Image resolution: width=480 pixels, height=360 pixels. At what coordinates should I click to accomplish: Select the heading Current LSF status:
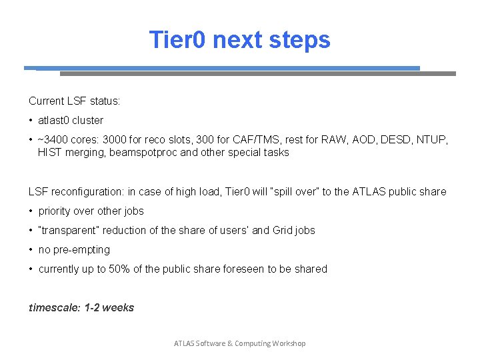(x=74, y=101)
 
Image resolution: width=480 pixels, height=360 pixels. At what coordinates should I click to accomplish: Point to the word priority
(x=53, y=211)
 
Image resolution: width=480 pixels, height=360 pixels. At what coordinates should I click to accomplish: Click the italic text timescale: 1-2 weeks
(x=81, y=307)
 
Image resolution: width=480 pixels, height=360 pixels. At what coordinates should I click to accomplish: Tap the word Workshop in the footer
(x=289, y=343)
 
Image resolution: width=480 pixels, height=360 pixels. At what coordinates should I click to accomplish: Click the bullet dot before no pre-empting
(x=31, y=250)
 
